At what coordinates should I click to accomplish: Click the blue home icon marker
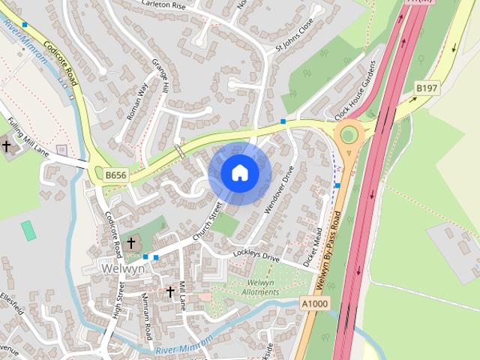click(239, 173)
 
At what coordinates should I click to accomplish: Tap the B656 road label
click(115, 175)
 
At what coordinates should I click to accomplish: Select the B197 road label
click(427, 88)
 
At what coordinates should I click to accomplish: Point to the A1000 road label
click(313, 303)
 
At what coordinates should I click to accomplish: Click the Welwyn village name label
click(119, 268)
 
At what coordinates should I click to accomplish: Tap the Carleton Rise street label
click(163, 4)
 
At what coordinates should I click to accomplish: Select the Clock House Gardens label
click(355, 94)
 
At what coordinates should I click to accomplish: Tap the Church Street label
click(208, 223)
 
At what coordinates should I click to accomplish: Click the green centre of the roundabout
click(349, 134)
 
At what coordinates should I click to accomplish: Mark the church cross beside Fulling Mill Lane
click(7, 146)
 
